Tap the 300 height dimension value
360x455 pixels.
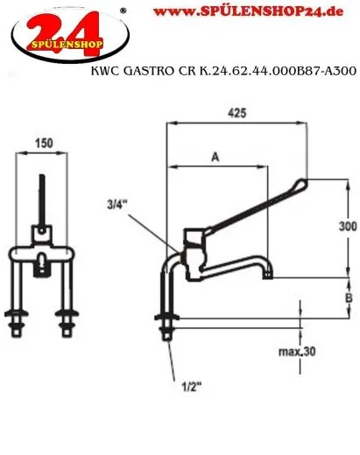pyautogui.click(x=348, y=223)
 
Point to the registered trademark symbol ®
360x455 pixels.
pyautogui.click(x=122, y=10)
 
